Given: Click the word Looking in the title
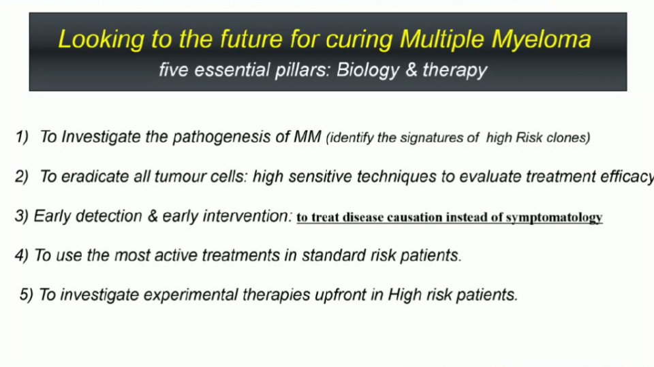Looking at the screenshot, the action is pyautogui.click(x=102, y=40).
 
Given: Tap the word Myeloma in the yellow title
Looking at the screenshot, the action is pyautogui.click(x=542, y=40).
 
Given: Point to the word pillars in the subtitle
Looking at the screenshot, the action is pyautogui.click(x=302, y=70).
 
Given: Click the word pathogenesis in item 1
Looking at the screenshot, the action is pyautogui.click(x=221, y=138).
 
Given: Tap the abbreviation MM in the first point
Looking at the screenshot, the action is pyautogui.click(x=307, y=137).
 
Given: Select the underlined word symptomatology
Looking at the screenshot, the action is pyautogui.click(x=555, y=218).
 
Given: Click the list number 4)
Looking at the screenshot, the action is pyautogui.click(x=22, y=255).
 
